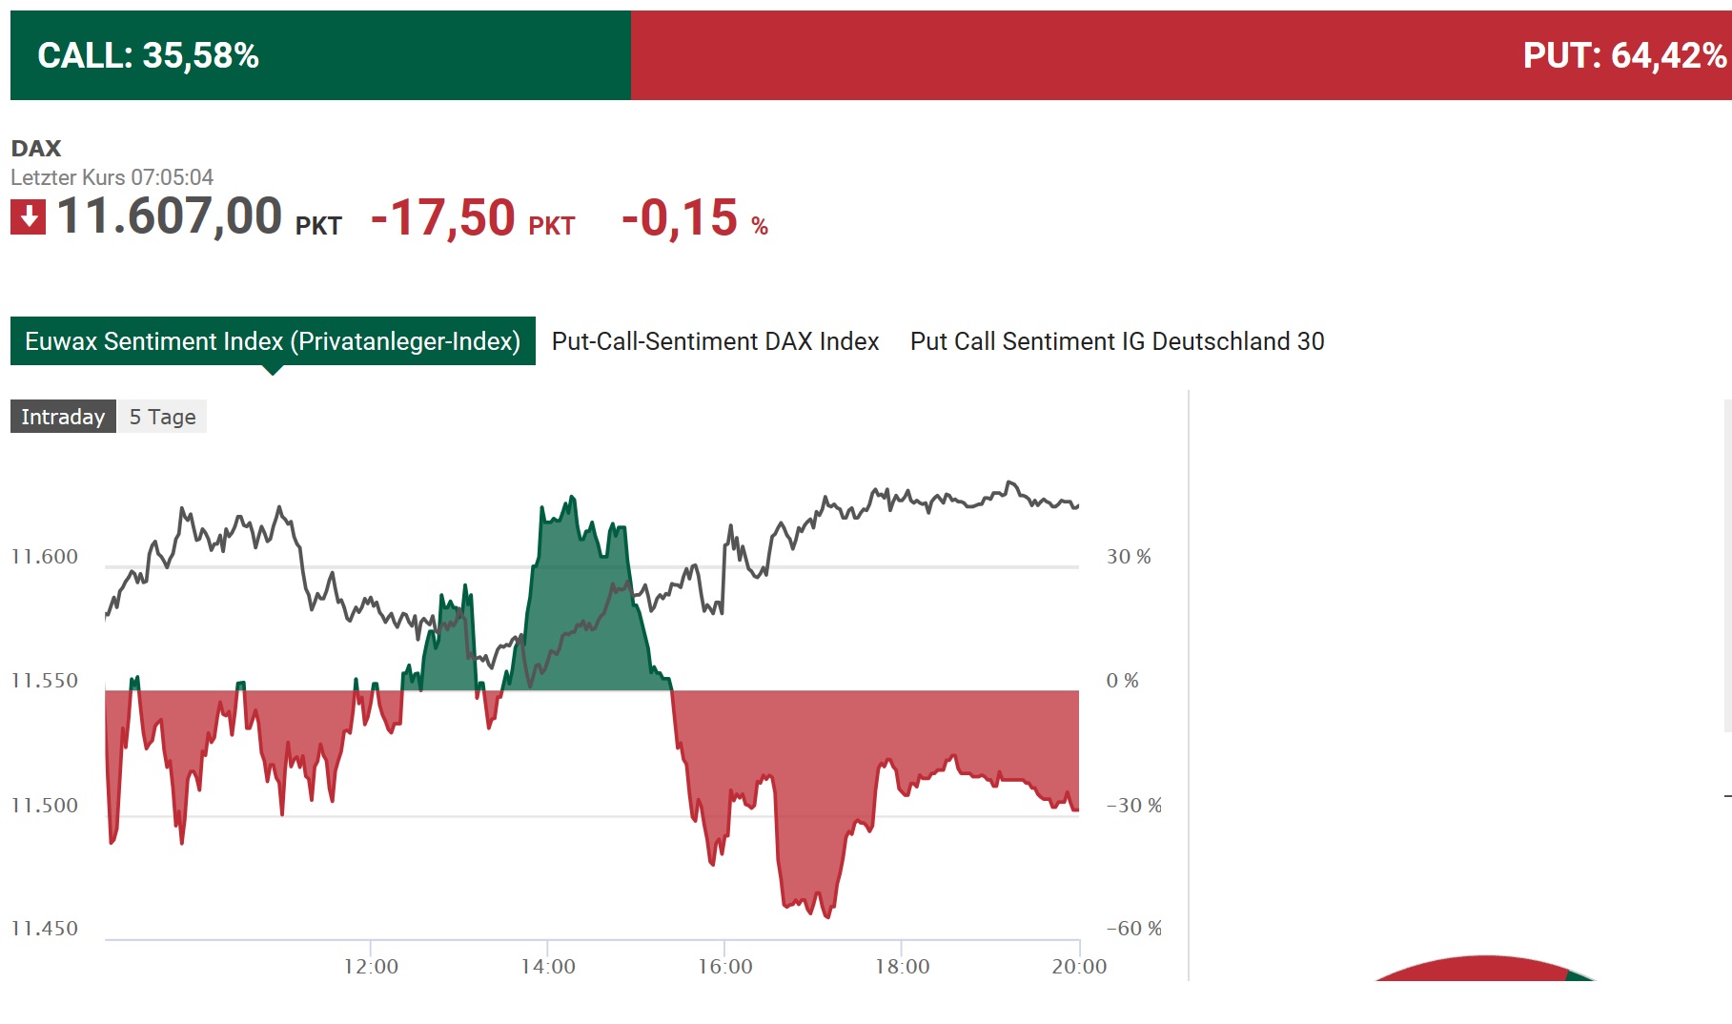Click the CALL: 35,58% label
point(148,55)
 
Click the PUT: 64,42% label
point(1623,55)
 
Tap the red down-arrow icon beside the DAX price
point(28,216)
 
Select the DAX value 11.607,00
point(170,216)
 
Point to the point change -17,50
point(443,218)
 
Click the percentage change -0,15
point(680,218)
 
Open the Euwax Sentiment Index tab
point(273,341)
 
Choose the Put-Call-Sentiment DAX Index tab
point(715,341)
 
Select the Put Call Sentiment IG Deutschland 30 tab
point(1117,341)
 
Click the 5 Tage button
point(162,417)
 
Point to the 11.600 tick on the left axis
point(45,557)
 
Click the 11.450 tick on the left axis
point(45,929)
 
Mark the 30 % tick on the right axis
point(1129,557)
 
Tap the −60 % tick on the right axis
point(1133,929)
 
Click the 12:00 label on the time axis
point(371,967)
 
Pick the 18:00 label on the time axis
point(902,967)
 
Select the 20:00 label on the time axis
point(1079,967)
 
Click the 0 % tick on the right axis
point(1122,681)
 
